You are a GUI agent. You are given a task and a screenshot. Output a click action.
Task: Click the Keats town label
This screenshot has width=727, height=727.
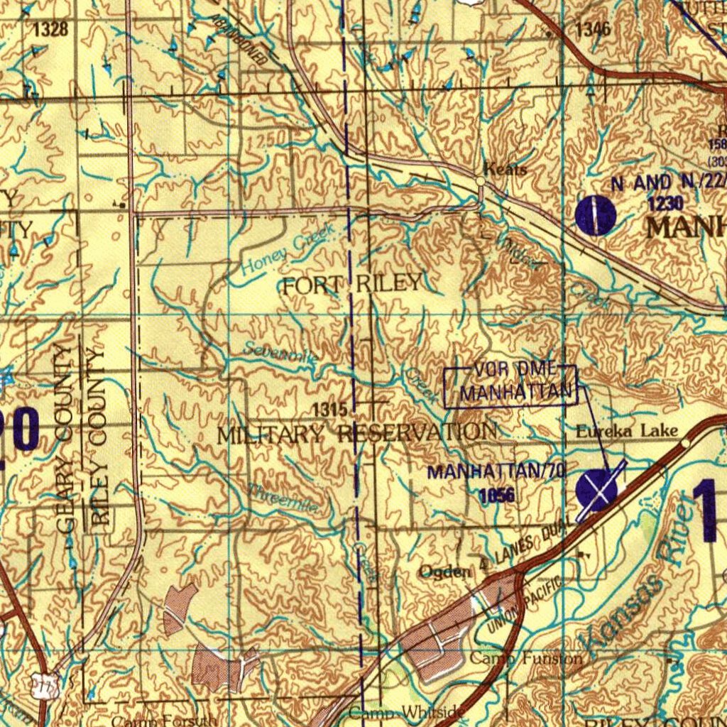pyautogui.click(x=505, y=169)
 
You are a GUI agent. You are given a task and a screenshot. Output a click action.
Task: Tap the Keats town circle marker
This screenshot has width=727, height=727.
pyautogui.click(x=481, y=182)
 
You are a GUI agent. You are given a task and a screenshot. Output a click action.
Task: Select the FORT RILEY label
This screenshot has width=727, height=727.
pyautogui.click(x=353, y=284)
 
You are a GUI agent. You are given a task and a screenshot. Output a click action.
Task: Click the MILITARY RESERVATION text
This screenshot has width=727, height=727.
pyautogui.click(x=356, y=432)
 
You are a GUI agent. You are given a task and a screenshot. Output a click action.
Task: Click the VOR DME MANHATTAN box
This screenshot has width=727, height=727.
pyautogui.click(x=510, y=386)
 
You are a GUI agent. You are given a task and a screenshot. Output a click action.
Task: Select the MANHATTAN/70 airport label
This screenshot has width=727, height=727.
pyautogui.click(x=496, y=471)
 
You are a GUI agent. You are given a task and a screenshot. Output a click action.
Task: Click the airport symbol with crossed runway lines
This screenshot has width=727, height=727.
pyautogui.click(x=596, y=489)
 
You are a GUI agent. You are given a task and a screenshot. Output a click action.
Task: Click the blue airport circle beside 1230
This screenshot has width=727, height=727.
pyautogui.click(x=595, y=215)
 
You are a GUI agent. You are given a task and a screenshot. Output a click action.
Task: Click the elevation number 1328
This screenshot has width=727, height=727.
pyautogui.click(x=50, y=29)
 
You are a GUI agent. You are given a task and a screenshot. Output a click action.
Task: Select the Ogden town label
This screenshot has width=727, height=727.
pyautogui.click(x=444, y=572)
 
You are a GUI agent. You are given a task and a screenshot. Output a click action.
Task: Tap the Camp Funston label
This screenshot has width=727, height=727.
pyautogui.click(x=526, y=658)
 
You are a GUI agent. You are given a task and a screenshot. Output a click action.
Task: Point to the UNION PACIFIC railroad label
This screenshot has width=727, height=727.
pyautogui.click(x=524, y=606)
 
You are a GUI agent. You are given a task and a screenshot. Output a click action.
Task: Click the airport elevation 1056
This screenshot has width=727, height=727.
pyautogui.click(x=496, y=495)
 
